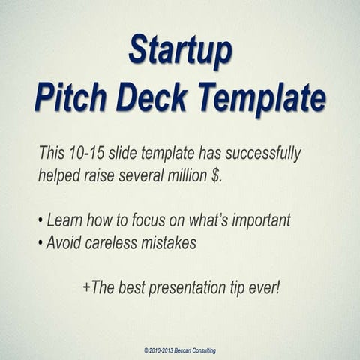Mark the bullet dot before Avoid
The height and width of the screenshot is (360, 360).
(x=40, y=244)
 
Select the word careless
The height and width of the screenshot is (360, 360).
(x=120, y=243)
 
